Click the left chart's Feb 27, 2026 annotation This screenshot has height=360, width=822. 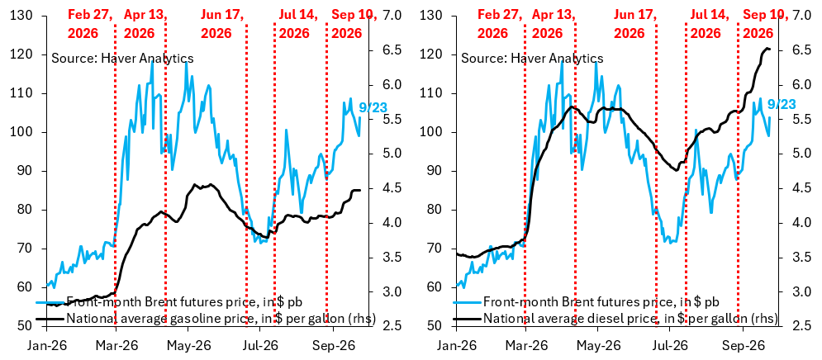[91, 24]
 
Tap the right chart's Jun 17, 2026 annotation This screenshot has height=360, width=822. [634, 24]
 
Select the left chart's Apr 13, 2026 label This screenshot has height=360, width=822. [145, 24]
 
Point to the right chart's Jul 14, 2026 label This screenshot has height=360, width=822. [710, 24]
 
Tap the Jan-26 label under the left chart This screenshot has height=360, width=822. [46, 346]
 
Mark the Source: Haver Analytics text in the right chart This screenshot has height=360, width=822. [532, 58]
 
